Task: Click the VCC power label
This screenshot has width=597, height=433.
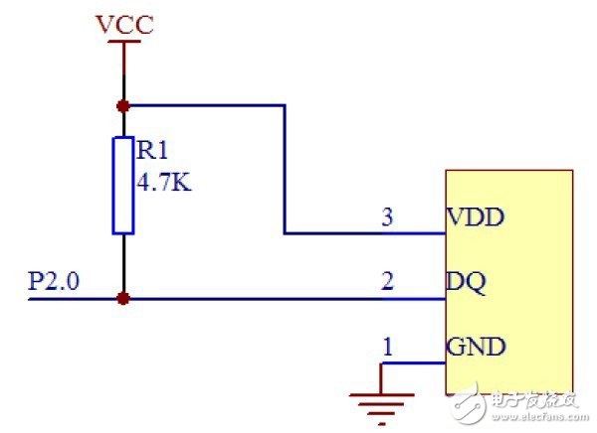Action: [124, 24]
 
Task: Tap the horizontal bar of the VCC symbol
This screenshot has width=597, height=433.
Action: [124, 42]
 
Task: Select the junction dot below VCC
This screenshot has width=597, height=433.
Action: [123, 106]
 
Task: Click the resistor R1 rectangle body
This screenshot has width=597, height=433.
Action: [123, 185]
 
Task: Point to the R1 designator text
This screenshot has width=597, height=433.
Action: [152, 150]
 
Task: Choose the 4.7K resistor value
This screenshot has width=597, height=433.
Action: [164, 182]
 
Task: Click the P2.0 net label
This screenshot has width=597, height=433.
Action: [54, 281]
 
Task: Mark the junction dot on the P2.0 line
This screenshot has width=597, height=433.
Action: [123, 298]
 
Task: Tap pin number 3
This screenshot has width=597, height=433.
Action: [387, 217]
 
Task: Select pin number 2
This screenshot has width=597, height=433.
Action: [387, 281]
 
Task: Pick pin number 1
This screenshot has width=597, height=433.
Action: [388, 347]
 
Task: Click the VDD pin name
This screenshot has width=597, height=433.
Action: [476, 217]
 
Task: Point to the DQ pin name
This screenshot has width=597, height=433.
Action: [467, 282]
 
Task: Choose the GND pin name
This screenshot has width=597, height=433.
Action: [476, 347]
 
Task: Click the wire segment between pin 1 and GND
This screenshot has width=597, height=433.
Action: [414, 363]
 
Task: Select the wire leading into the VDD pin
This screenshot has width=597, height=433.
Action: [365, 233]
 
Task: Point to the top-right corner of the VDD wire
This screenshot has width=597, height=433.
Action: [285, 105]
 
